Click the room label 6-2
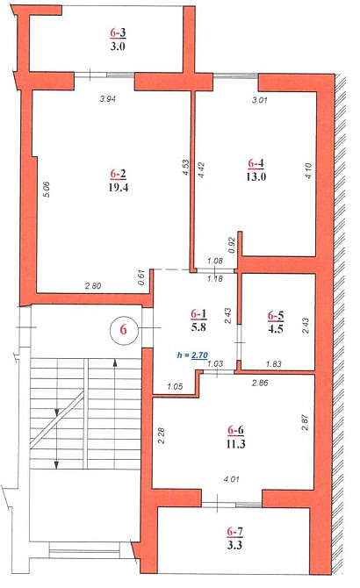[119, 174]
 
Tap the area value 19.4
[119, 187]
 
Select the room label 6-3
[118, 33]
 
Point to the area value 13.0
[256, 176]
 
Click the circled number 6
[124, 330]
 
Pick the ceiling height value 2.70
[199, 355]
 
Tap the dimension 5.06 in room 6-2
[47, 189]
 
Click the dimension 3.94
[108, 99]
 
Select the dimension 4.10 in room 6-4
[308, 170]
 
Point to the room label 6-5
[276, 316]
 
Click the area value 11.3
[235, 443]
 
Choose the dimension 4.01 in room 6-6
[231, 479]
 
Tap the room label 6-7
[234, 531]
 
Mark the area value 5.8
[198, 327]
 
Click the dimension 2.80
[93, 286]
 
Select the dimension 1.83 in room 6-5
[274, 363]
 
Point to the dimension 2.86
[260, 383]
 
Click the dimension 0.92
[232, 246]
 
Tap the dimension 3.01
[260, 100]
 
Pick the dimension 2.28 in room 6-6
[162, 435]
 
